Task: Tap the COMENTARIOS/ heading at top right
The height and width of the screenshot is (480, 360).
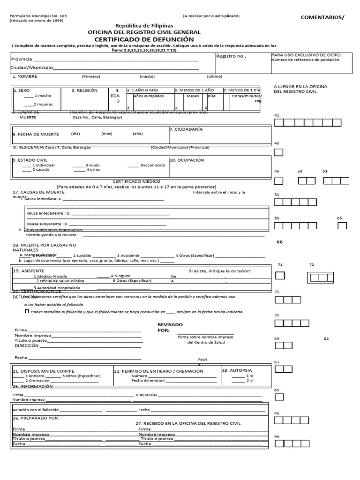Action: [322, 18]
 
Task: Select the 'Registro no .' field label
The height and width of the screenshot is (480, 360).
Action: [231, 56]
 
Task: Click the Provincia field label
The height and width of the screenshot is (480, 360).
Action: [21, 59]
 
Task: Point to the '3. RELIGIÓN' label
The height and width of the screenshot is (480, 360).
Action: [84, 90]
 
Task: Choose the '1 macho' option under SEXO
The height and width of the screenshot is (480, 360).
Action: [42, 96]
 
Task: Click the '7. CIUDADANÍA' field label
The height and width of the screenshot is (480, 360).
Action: [186, 129]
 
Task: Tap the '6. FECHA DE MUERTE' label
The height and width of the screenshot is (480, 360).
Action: [36, 134]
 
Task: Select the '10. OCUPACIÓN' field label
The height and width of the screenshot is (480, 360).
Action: [187, 160]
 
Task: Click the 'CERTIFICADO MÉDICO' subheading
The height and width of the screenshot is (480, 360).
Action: [136, 181]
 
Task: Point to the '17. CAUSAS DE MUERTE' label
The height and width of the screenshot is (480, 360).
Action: [38, 192]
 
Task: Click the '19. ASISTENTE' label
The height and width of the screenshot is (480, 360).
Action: [29, 271]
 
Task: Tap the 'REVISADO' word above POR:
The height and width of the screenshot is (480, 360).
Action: [170, 324]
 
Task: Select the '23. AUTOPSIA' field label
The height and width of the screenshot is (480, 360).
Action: [237, 370]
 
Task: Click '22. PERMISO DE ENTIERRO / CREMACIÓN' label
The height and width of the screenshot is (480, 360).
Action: [159, 371]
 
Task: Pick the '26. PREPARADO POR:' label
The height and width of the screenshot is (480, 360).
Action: [36, 417]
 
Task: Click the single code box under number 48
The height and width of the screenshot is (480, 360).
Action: [278, 152]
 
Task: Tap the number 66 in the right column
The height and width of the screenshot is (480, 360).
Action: [280, 242]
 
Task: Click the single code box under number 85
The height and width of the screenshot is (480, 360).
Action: [278, 397]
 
